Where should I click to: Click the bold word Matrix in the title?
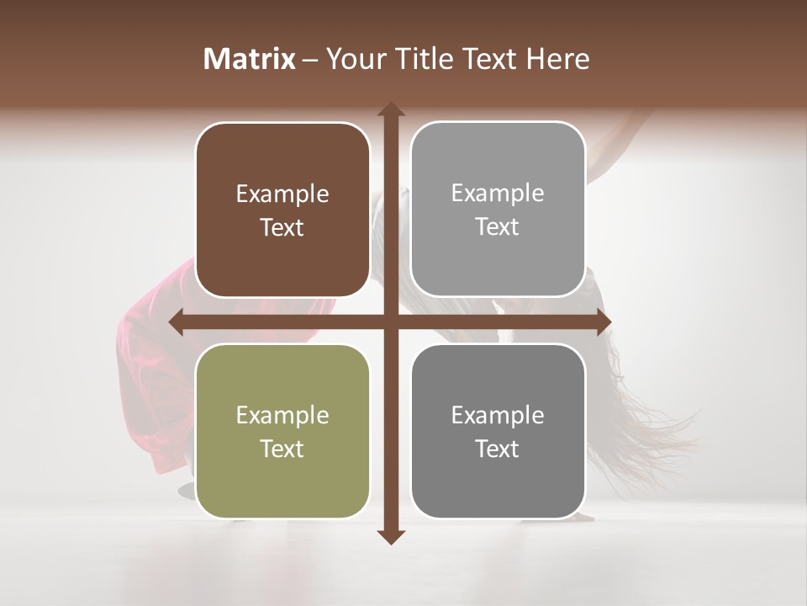[250, 58]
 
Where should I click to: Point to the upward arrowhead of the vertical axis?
[390, 109]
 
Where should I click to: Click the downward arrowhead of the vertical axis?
[390, 536]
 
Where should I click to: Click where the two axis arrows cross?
[390, 322]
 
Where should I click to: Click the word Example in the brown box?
[282, 194]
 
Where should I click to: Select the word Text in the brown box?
[282, 228]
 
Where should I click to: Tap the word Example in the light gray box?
[498, 194]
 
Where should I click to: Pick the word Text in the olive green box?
[282, 449]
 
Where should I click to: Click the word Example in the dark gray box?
[498, 415]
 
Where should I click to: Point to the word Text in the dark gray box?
[498, 449]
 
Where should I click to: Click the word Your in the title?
[351, 58]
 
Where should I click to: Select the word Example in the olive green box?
[282, 415]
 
